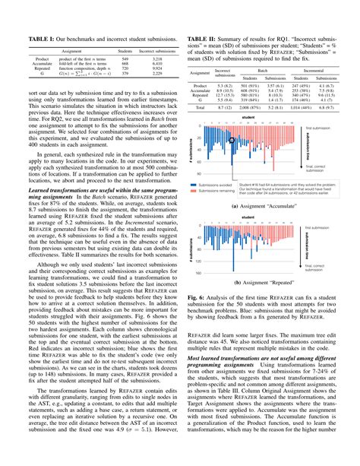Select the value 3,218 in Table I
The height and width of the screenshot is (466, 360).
pos(150,59)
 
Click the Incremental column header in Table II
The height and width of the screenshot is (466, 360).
pos(313,70)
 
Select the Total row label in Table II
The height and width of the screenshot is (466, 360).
pos(201,108)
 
